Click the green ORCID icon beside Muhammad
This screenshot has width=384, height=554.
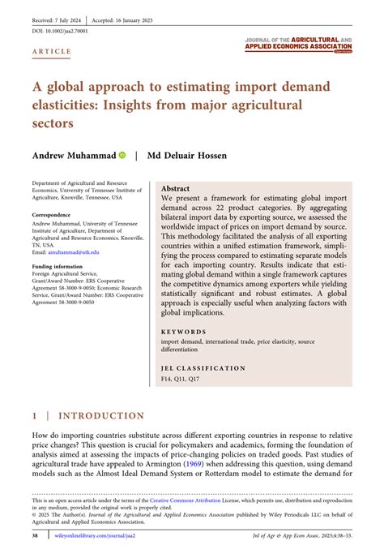(122, 154)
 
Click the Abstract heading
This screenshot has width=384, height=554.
(176, 187)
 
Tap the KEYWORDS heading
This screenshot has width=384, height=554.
(183, 333)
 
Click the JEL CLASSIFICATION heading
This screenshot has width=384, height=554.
(203, 368)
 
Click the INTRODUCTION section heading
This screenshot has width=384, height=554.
(100, 416)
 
